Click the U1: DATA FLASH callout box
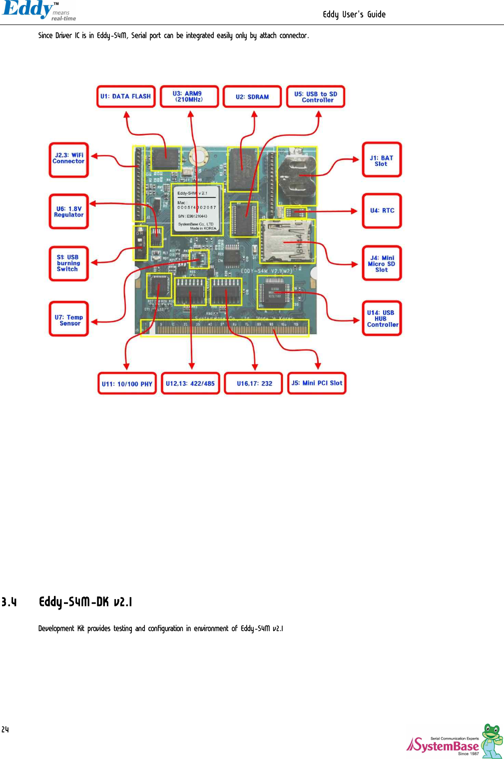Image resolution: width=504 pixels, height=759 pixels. click(125, 96)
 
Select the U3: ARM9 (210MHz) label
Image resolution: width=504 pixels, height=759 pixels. click(189, 96)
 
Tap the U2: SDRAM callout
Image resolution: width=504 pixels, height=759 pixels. click(252, 96)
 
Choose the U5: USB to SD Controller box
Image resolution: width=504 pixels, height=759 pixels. click(316, 96)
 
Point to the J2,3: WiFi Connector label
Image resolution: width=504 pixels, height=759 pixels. click(69, 159)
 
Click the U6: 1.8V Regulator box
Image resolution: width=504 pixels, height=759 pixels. click(69, 211)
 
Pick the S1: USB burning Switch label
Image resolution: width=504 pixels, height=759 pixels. click(69, 263)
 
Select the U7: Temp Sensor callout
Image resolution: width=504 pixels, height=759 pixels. click(69, 320)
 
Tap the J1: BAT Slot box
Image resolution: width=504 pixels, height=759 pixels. click(382, 160)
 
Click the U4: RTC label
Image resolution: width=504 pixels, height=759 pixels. click(382, 210)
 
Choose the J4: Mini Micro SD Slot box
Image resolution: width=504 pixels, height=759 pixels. click(382, 263)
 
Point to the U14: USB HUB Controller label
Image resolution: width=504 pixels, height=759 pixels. click(382, 318)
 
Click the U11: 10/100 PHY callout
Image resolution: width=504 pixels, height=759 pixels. click(127, 383)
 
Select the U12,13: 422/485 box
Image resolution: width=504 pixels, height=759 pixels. click(190, 383)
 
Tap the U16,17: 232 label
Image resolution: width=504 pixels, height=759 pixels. click(254, 383)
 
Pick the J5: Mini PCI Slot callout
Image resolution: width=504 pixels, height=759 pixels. click(317, 383)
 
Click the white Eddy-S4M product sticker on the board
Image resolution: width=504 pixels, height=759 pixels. click(197, 209)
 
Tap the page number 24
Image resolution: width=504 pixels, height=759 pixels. click(5, 729)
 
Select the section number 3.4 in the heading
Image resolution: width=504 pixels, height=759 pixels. click(9, 602)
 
